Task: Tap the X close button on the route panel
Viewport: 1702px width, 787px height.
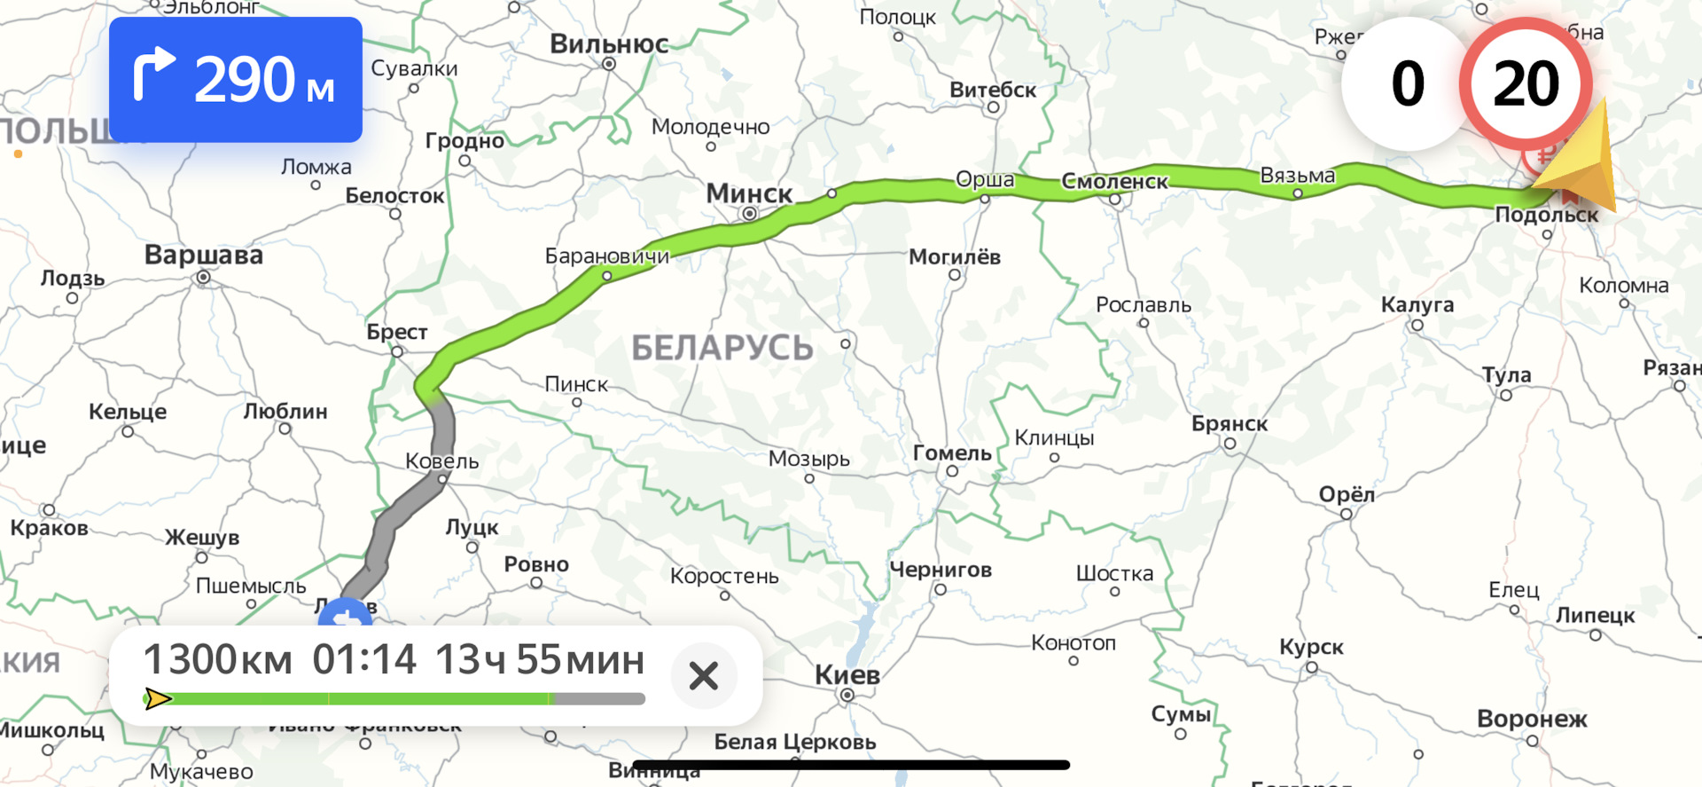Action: coord(704,676)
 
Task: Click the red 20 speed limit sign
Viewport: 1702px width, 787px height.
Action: coord(1526,83)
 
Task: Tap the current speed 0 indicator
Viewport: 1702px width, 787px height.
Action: coord(1407,84)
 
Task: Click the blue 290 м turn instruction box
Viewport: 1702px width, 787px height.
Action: coord(235,80)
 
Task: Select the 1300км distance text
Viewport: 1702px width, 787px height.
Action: coord(217,660)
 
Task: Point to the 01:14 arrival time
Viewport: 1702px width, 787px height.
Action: coord(364,660)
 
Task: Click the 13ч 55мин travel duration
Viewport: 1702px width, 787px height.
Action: coord(539,660)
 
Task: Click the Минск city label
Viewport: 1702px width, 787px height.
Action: coord(749,193)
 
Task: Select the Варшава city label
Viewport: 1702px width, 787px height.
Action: coord(204,256)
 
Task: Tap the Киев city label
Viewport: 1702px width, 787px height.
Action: coord(847,675)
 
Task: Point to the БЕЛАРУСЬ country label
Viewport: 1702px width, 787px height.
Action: coord(722,348)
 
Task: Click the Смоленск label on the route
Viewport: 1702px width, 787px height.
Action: coord(1114,182)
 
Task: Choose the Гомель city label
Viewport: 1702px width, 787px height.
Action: coord(952,453)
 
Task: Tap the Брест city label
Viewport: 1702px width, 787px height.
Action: coord(397,332)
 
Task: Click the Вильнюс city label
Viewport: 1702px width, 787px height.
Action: coord(609,43)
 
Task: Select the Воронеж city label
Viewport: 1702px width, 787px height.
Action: coord(1532,719)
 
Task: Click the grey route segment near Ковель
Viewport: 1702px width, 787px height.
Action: coord(441,444)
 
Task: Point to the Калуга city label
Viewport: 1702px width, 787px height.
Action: coord(1417,305)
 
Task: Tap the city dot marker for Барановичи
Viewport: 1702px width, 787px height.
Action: coord(606,276)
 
